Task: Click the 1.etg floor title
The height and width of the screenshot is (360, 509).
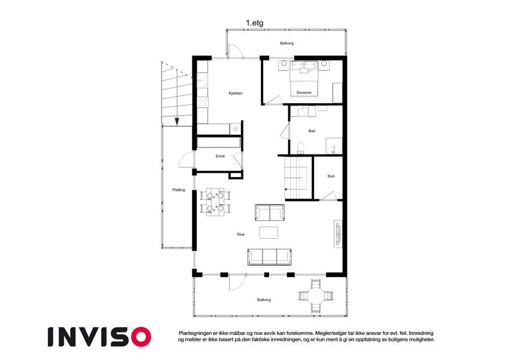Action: click(x=254, y=23)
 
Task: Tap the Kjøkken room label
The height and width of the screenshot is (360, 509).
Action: click(x=236, y=93)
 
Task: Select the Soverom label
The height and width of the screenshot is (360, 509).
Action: click(x=304, y=92)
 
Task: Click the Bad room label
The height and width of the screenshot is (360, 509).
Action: click(x=312, y=131)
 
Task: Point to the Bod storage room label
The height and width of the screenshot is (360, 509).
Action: click(x=331, y=176)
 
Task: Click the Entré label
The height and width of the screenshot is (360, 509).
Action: click(x=220, y=156)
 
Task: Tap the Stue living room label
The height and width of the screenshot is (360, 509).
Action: click(x=240, y=234)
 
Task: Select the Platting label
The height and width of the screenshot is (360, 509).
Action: click(x=179, y=190)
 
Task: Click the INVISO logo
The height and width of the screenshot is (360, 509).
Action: click(x=100, y=337)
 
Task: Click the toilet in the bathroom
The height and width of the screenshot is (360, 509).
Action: click(x=300, y=148)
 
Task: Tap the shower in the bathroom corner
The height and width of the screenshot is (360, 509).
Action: click(x=334, y=146)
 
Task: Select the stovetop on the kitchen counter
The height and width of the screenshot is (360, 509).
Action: click(x=203, y=102)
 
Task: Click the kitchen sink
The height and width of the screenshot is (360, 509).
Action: click(x=201, y=80)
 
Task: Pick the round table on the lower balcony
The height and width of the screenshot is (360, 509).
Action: click(x=315, y=296)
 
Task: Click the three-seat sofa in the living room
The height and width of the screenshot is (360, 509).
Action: click(x=269, y=257)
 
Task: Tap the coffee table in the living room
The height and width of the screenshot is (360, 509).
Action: click(x=269, y=233)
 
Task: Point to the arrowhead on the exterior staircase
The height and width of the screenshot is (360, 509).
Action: click(x=177, y=122)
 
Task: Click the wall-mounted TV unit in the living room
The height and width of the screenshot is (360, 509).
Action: click(x=338, y=233)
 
